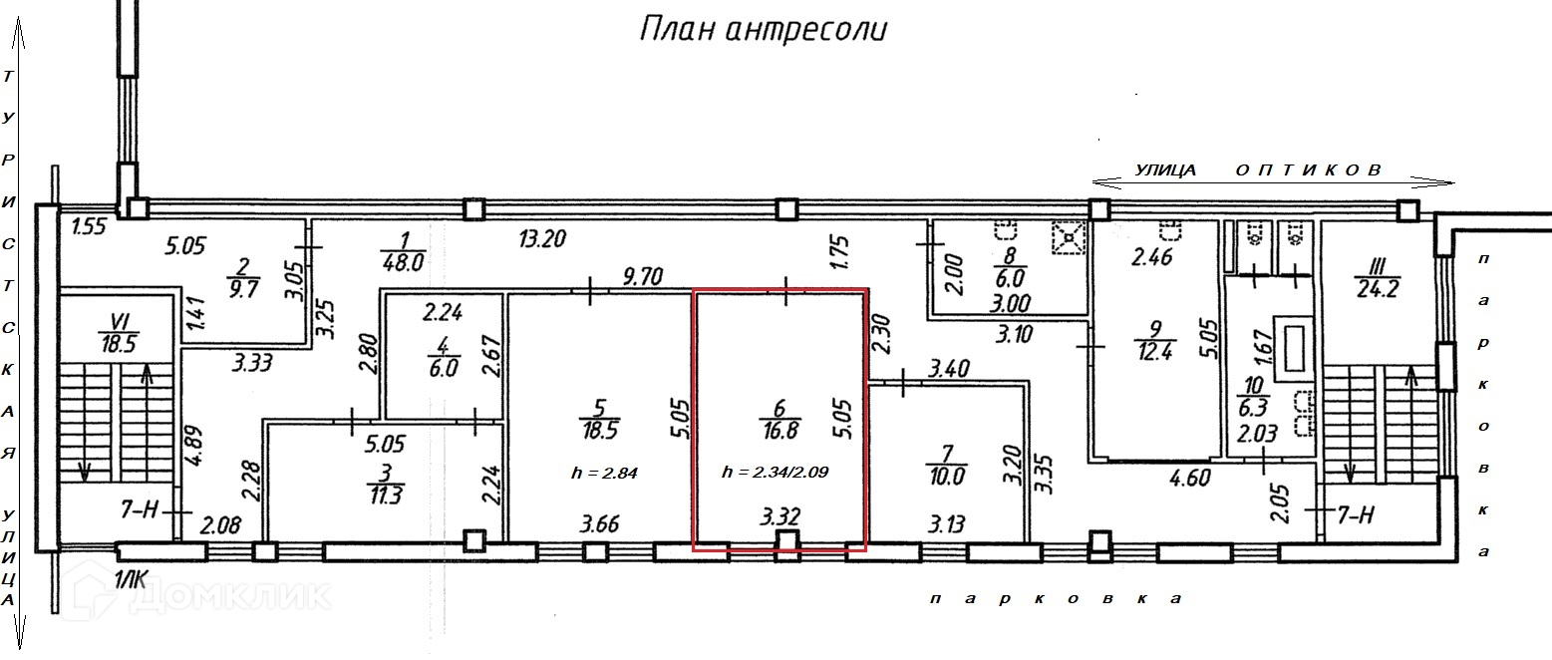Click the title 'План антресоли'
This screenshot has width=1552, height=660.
(763, 30)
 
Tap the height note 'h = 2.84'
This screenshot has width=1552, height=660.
(604, 473)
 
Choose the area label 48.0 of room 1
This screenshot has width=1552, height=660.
(405, 261)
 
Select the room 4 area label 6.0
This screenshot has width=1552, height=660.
(443, 368)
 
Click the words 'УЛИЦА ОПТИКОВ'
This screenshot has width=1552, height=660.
(1258, 170)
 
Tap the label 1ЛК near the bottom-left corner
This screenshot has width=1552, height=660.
(132, 580)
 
